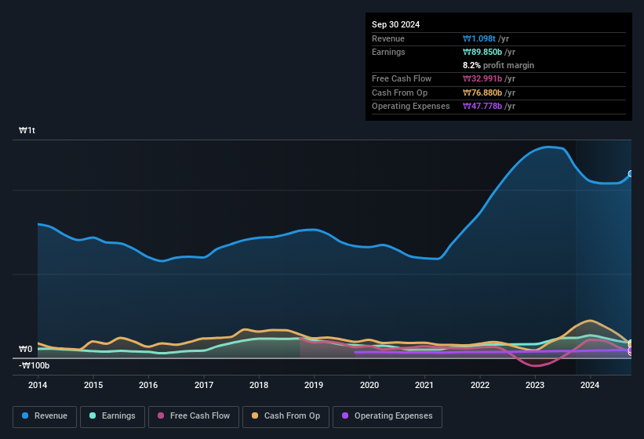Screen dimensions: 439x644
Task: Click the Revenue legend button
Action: pos(44,415)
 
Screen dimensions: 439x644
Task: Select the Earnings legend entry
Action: pos(112,415)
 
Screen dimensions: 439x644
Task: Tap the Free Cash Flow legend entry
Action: pos(194,415)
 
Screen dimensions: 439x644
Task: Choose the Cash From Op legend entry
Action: pos(285,415)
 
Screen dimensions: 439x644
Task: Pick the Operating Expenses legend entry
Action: pos(387,415)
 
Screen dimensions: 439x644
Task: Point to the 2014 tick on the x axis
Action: pos(38,385)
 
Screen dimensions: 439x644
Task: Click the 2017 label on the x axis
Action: pos(204,385)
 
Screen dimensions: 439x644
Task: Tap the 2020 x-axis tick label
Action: pos(369,385)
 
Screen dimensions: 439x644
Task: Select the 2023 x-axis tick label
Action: pos(535,385)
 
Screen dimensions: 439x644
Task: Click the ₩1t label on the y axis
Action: pos(27,130)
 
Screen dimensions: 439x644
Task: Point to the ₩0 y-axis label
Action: pos(26,349)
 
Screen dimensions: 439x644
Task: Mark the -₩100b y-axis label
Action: pos(34,365)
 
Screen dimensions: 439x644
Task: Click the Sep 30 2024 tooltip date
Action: pos(395,24)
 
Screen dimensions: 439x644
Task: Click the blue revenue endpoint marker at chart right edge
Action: pos(631,174)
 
